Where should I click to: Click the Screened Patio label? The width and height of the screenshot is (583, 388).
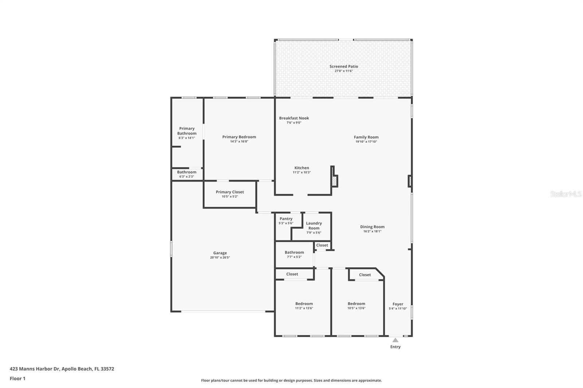(344, 67)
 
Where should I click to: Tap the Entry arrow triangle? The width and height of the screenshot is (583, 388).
(395, 340)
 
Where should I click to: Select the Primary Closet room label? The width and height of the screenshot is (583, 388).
(230, 192)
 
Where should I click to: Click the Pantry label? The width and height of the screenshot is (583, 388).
(286, 219)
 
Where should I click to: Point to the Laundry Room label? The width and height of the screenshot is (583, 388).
(314, 226)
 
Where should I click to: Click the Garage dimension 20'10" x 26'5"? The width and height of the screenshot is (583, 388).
(220, 258)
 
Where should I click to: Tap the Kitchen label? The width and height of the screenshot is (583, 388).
(302, 168)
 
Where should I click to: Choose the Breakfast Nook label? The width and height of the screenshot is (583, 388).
(294, 118)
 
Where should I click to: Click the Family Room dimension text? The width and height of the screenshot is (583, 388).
(366, 142)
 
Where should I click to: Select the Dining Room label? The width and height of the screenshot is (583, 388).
(372, 227)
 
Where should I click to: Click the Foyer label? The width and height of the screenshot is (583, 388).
(398, 304)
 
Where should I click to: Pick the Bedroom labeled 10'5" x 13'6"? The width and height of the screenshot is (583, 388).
(356, 304)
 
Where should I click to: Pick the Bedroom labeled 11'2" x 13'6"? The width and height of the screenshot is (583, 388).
(304, 304)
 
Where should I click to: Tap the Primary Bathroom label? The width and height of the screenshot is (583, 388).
(187, 131)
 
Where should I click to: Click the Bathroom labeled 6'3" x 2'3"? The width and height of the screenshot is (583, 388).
(187, 172)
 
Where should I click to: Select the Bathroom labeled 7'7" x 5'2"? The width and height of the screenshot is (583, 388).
(294, 252)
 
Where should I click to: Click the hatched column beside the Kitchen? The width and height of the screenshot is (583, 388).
(334, 181)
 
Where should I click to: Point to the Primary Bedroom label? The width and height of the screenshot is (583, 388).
(239, 137)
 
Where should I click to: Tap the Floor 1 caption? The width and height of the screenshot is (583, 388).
(17, 379)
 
